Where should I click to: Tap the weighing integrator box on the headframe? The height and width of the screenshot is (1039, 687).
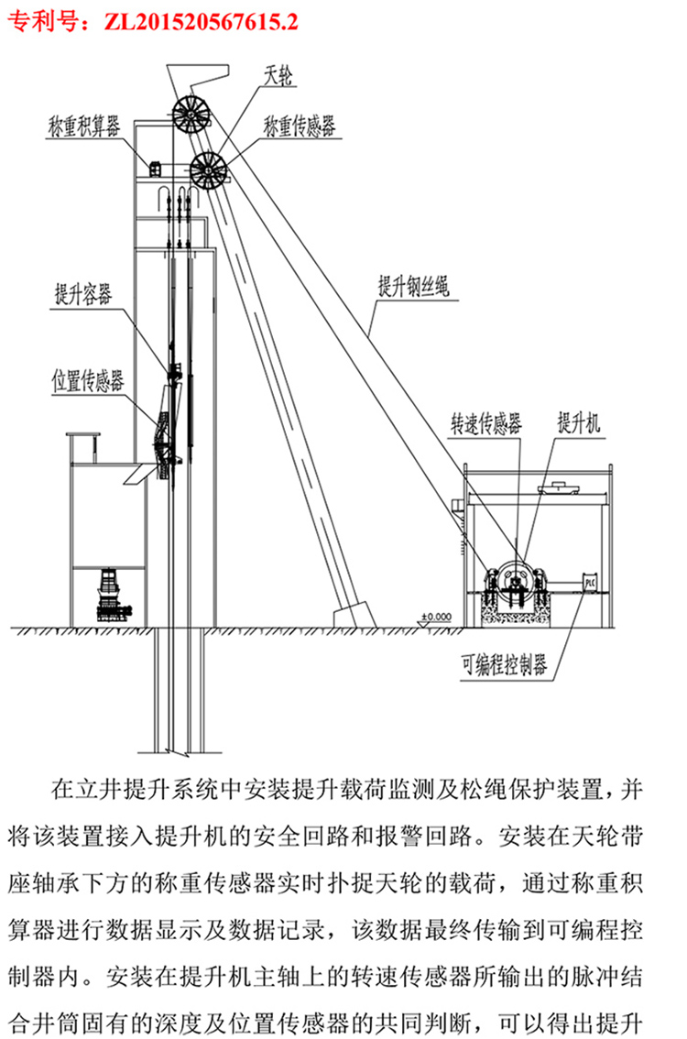156,168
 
